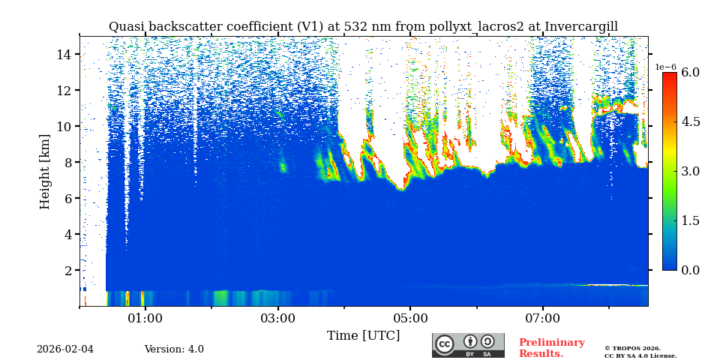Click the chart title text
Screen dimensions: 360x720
(x=363, y=27)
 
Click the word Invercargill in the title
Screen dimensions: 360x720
(x=581, y=27)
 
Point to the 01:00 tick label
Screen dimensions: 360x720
(x=145, y=319)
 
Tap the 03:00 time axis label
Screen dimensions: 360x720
(x=278, y=319)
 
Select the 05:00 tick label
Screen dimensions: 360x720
(x=410, y=319)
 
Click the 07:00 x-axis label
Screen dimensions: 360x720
(x=543, y=319)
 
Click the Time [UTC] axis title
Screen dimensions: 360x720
(x=363, y=336)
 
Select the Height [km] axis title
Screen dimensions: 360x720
(x=45, y=172)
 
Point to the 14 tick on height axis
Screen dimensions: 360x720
(x=64, y=54)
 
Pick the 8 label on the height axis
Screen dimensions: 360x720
(x=67, y=162)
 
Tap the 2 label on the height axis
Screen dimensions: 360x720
(x=67, y=270)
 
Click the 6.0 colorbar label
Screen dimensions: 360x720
(x=690, y=73)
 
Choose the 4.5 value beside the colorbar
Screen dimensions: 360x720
(x=690, y=122)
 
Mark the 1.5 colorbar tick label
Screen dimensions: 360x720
(x=690, y=220)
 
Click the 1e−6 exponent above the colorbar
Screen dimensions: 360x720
(x=666, y=67)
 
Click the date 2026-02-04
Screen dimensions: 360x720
(x=65, y=349)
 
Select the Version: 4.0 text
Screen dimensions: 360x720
(x=174, y=349)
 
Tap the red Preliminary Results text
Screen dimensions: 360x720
(x=551, y=348)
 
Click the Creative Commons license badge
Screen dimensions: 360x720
(x=468, y=346)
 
